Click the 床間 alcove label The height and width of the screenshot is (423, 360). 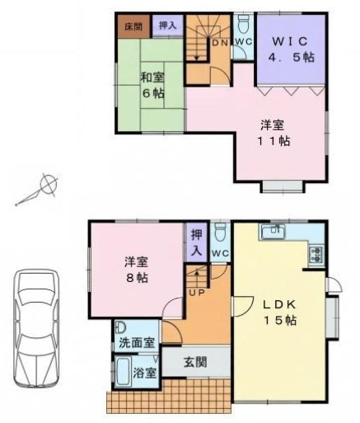(133, 27)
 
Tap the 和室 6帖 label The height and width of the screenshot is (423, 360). (152, 86)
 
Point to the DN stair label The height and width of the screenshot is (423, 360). (220, 42)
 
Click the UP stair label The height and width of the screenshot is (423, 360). (197, 293)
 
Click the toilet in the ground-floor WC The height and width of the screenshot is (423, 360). (220, 232)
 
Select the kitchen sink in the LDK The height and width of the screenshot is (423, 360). (273, 232)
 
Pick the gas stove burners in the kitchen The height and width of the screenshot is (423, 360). (316, 254)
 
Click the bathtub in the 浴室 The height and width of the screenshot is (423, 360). (123, 371)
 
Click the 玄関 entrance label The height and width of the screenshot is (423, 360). (195, 362)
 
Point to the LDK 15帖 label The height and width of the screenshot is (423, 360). (279, 313)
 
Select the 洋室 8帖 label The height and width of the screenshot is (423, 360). (137, 270)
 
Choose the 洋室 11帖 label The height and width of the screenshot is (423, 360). (273, 133)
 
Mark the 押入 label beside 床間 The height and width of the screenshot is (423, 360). (167, 26)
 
